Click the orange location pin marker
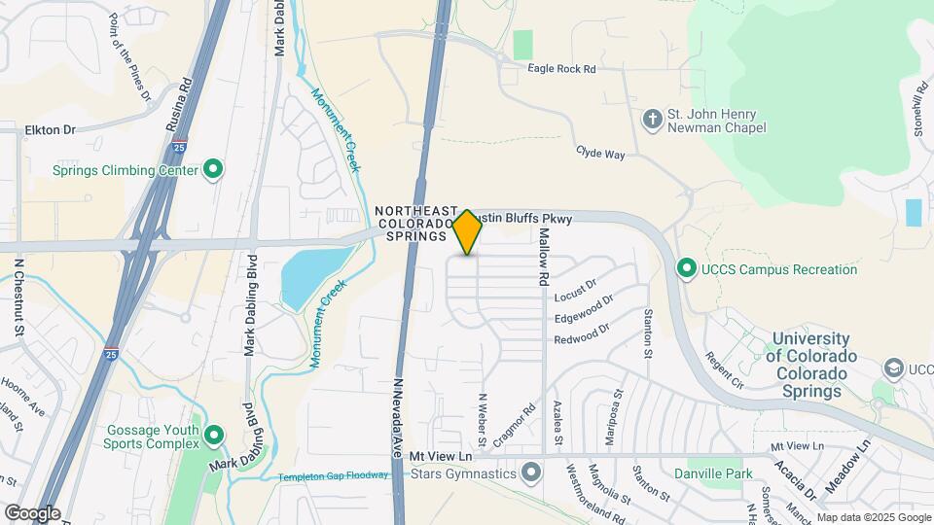tap(467, 231)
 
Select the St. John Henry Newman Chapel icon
tap(652, 120)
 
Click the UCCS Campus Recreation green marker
tap(686, 267)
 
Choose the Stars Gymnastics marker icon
tap(531, 473)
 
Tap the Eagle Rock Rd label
tap(561, 69)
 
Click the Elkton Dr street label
tap(50, 129)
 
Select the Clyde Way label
tap(600, 153)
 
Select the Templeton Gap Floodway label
tap(334, 476)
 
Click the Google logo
tap(31, 512)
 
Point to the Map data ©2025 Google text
tap(873, 517)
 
